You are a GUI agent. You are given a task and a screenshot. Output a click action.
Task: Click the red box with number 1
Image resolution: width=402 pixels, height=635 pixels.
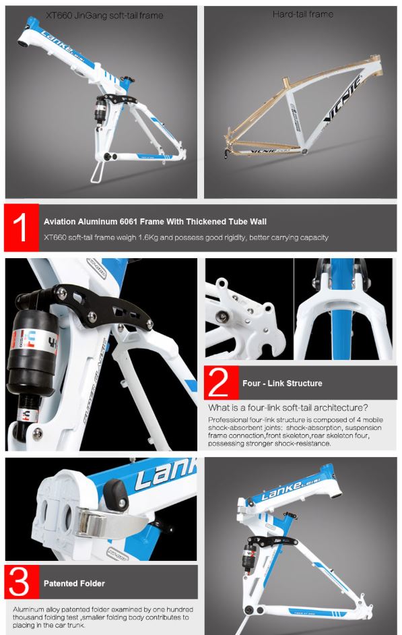coord(22,228)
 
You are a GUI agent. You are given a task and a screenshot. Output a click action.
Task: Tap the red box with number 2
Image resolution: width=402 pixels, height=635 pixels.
coord(222,383)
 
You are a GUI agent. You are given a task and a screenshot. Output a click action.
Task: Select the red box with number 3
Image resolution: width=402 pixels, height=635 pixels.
coord(22,582)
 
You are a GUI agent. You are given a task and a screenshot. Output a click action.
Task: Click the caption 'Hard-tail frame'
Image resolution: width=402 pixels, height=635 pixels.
coord(303,15)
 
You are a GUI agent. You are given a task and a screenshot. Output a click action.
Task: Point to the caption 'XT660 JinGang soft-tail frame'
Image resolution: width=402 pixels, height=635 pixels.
coord(104,16)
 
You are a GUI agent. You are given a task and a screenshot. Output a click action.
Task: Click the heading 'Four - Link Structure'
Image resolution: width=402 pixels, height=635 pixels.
coord(282,383)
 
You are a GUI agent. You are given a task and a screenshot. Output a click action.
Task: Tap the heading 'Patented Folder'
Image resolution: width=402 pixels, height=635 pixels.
coord(74,583)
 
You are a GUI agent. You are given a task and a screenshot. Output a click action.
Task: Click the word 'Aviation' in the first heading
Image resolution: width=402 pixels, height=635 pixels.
coord(60,222)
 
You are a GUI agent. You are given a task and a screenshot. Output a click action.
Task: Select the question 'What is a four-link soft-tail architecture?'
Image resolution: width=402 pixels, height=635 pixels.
coord(288,407)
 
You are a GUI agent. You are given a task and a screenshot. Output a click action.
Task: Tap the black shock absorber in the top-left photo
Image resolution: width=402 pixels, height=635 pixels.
coord(100,110)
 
